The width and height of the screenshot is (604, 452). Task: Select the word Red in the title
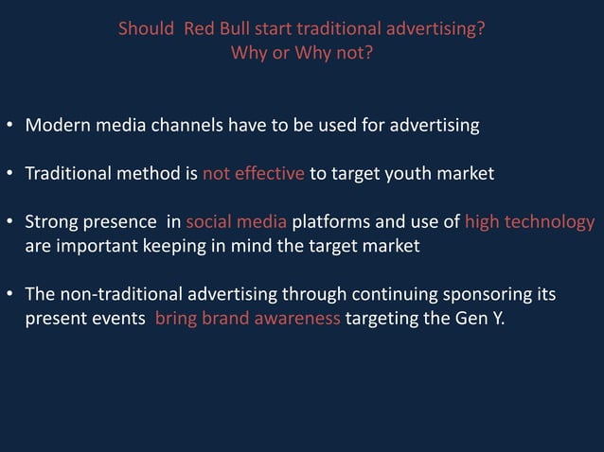click(200, 28)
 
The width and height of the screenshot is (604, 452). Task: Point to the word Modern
click(57, 125)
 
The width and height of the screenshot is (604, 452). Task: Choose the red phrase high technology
click(529, 223)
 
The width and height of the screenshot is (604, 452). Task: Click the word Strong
click(53, 223)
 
